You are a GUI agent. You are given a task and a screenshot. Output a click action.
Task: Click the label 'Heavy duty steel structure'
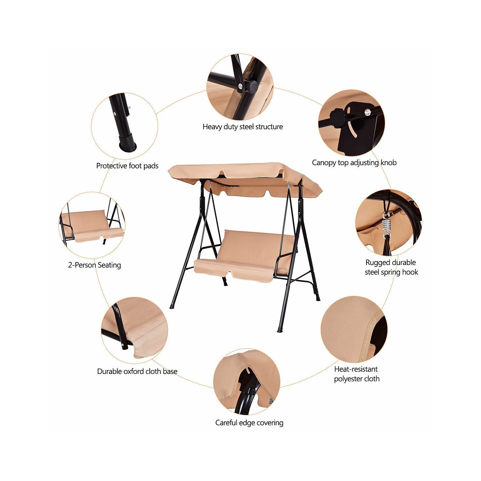[x=243, y=127]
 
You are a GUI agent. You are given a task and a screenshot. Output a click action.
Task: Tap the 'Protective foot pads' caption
[x=127, y=166]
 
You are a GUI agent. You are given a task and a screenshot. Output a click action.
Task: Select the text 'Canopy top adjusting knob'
[x=354, y=163]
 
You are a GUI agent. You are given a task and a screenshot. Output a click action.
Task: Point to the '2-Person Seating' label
[x=95, y=265]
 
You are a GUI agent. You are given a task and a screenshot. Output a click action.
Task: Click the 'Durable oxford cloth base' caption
[x=137, y=371]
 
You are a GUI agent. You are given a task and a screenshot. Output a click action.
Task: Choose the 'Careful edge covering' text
[x=249, y=423]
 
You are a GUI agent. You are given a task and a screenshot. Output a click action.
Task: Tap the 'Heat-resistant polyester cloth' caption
[x=357, y=374]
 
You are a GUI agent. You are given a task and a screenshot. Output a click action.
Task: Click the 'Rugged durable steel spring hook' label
[x=391, y=267]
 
